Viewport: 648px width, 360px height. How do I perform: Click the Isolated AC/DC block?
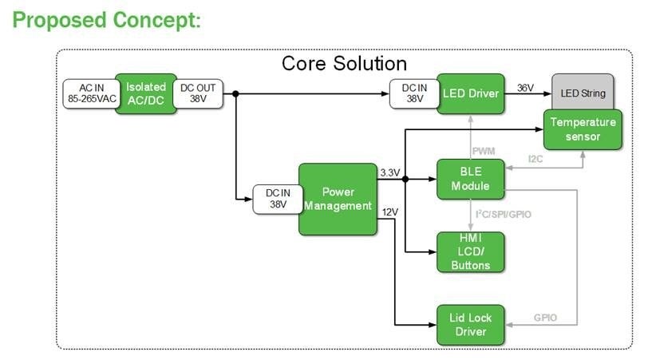coord(145,93)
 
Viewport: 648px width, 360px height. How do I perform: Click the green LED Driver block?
coord(471,93)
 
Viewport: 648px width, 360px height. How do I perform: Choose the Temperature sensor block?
coord(583,129)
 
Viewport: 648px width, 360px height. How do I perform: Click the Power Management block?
coord(337,199)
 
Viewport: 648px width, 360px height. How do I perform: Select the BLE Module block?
coord(470,180)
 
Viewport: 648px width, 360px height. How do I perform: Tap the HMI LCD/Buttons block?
coord(470,252)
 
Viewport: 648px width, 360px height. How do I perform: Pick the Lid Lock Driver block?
coord(470,325)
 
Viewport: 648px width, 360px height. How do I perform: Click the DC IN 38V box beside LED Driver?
coord(413,93)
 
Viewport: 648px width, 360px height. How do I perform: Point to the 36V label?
coord(526,87)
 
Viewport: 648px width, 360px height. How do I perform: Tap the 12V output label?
coord(389,212)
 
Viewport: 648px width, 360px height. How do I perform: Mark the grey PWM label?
coord(484,150)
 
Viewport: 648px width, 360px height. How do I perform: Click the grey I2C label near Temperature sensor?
coord(536,160)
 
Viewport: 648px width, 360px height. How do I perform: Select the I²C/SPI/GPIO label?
coord(502,214)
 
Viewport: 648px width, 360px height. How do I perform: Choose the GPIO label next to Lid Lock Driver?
coord(545,318)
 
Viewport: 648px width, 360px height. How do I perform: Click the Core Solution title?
coord(344,63)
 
